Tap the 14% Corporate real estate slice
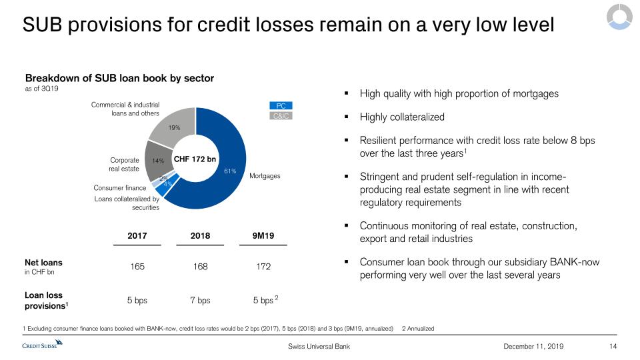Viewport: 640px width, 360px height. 157,160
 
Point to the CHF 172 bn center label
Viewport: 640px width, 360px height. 195,159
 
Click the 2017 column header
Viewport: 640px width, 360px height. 137,235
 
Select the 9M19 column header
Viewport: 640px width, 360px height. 263,235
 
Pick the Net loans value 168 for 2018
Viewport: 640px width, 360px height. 200,267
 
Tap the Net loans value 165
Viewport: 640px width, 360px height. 137,267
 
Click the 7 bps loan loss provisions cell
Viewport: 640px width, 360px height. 200,300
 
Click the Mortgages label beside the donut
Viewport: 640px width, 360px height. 265,176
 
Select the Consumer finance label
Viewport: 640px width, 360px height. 120,189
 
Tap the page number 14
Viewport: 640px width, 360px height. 613,346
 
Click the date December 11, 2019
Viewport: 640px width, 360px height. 533,346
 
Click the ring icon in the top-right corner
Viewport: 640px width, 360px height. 617,17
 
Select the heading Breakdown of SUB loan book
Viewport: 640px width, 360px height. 120,78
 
